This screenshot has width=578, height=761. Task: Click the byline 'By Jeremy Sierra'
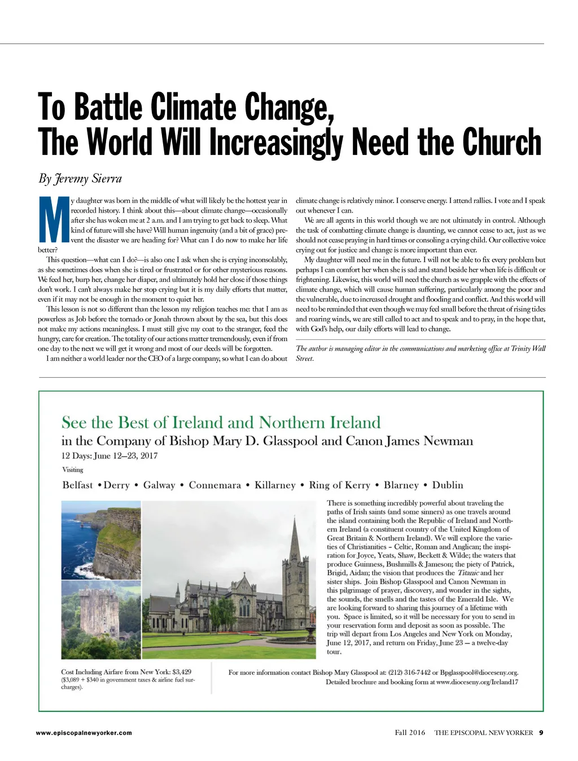tap(80, 179)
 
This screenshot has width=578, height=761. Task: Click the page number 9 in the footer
tap(541, 733)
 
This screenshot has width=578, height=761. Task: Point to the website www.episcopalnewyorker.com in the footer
tap(84, 733)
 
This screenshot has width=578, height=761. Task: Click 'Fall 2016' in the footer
tap(410, 733)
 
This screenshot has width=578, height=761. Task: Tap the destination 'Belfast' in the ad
tap(77, 485)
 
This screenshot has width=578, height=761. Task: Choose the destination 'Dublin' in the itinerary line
tap(448, 485)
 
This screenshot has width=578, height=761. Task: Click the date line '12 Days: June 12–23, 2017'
tap(110, 455)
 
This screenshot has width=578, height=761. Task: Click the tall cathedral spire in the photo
tap(295, 541)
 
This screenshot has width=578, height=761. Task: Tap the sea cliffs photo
tap(101, 539)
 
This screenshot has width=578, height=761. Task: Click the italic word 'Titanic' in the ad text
tap(467, 573)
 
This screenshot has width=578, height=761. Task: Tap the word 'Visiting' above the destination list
tap(72, 470)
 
